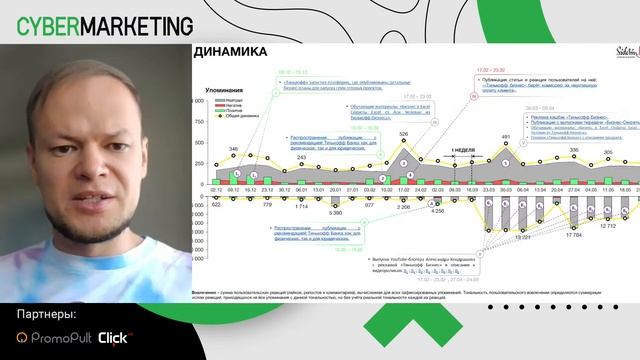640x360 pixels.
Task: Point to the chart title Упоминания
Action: click(224, 91)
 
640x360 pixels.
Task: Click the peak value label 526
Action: click(405, 133)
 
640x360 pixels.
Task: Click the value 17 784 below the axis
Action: click(573, 237)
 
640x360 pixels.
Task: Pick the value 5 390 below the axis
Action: click(335, 214)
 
